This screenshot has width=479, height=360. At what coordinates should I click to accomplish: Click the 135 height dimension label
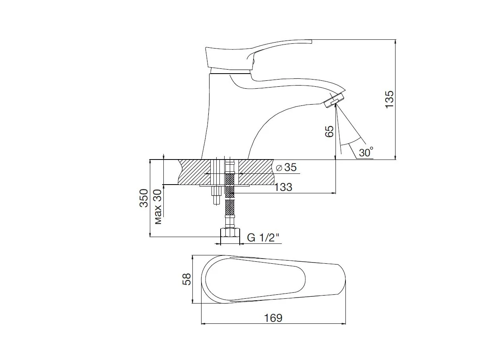(389, 99)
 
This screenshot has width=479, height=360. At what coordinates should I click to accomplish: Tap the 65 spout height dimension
(330, 131)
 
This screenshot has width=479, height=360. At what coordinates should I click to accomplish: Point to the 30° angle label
(366, 152)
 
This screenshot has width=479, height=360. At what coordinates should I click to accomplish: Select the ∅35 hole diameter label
(286, 167)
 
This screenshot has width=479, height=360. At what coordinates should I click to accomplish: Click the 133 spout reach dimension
(283, 187)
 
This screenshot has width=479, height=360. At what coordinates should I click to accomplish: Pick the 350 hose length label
(144, 198)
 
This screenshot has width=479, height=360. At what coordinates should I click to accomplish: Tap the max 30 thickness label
(158, 206)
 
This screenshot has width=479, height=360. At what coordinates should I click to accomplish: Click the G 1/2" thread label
(263, 237)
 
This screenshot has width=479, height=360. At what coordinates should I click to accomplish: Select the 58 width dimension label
(186, 279)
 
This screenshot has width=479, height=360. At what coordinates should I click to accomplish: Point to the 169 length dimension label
(273, 318)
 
